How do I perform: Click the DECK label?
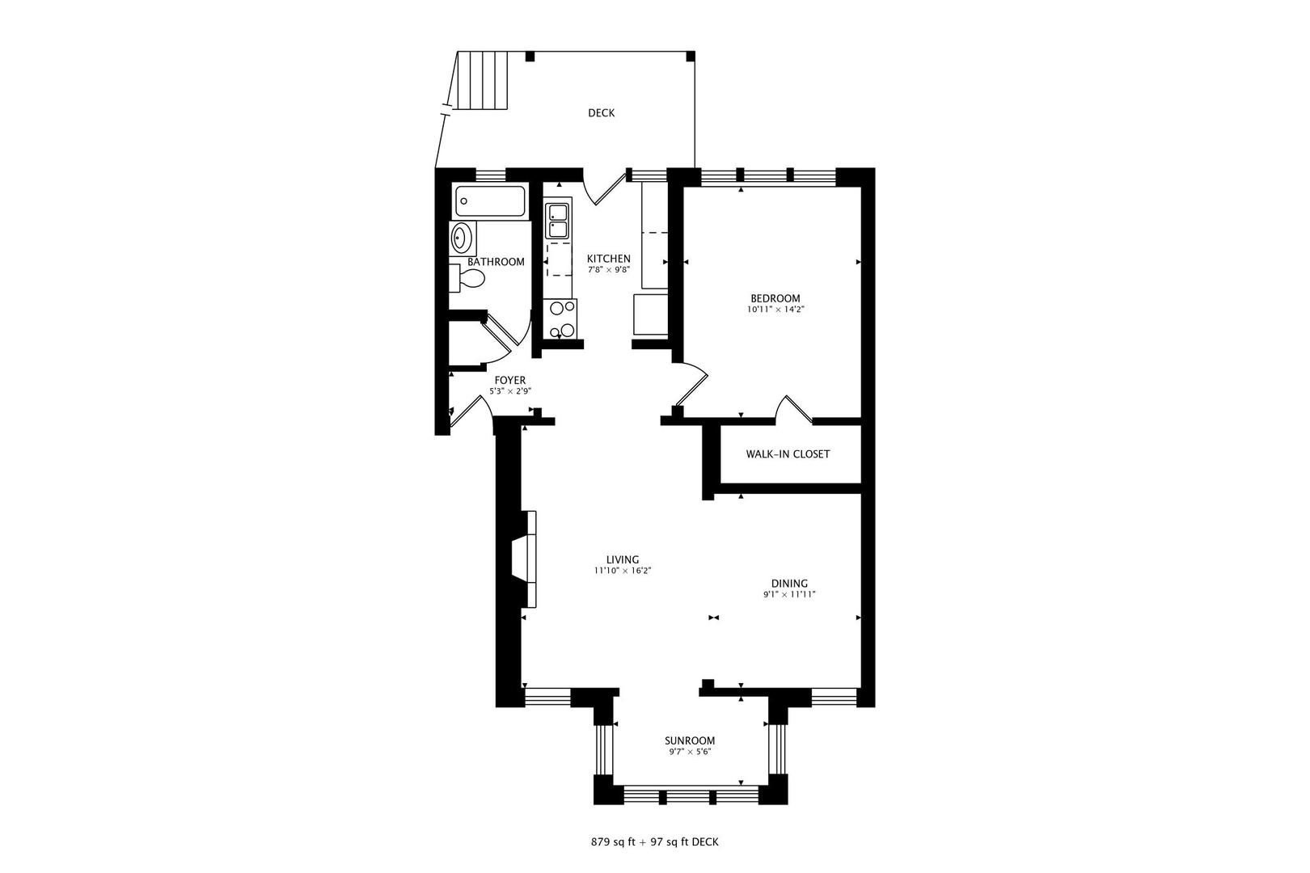pyautogui.click(x=601, y=113)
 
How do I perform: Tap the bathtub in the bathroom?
pyautogui.click(x=490, y=200)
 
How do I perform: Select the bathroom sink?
pyautogui.click(x=461, y=238)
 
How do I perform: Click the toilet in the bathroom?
pyautogui.click(x=468, y=279)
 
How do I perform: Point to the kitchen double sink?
pyautogui.click(x=558, y=221)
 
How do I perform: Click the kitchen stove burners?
pyautogui.click(x=562, y=318)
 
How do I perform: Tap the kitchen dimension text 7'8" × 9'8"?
pyautogui.click(x=608, y=270)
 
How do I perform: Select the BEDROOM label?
pyautogui.click(x=775, y=298)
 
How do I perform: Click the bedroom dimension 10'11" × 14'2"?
pyautogui.click(x=775, y=310)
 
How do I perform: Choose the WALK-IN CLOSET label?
pyautogui.click(x=788, y=454)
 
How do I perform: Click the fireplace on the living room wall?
pyautogui.click(x=524, y=559)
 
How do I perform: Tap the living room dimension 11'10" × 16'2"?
pyautogui.click(x=623, y=571)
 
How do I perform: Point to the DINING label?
pyautogui.click(x=789, y=584)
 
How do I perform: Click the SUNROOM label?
pyautogui.click(x=690, y=740)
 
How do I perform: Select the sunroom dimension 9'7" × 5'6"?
pyautogui.click(x=690, y=752)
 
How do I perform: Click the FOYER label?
pyautogui.click(x=510, y=380)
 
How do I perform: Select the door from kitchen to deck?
pyautogui.click(x=605, y=188)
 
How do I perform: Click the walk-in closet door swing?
pyautogui.click(x=793, y=409)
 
